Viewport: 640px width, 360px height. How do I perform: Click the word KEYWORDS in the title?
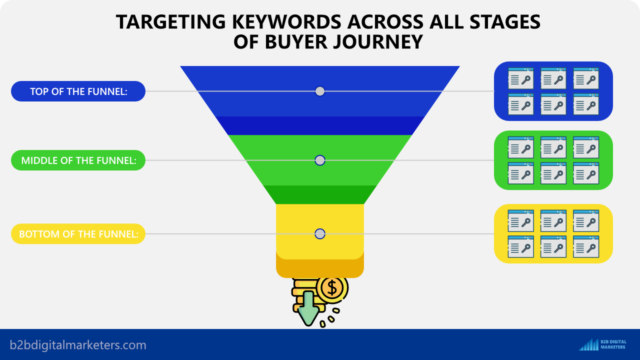[286, 21]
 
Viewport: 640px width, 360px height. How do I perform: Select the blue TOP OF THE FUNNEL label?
[78, 91]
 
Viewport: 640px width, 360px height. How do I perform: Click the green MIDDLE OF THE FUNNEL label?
[78, 160]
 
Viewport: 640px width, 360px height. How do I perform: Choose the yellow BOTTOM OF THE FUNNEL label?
[78, 233]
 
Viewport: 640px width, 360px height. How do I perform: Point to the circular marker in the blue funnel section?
[320, 91]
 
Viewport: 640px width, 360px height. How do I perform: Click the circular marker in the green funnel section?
[320, 160]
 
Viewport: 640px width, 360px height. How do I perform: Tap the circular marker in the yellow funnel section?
[320, 233]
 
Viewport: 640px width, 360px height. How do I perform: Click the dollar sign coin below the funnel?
[332, 288]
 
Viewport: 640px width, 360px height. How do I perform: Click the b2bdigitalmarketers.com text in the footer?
[78, 345]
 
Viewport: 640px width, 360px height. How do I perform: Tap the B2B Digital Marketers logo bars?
[588, 345]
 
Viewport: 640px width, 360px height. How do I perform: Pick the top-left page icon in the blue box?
[521, 78]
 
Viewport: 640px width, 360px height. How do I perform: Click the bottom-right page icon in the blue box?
[586, 104]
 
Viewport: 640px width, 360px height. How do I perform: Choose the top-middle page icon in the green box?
[553, 147]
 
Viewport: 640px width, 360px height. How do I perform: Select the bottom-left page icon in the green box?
[521, 173]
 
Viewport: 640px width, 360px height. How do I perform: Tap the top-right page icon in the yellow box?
[586, 221]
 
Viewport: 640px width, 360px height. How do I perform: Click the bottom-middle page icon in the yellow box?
[553, 246]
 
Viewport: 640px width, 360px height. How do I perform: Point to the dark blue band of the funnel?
[320, 125]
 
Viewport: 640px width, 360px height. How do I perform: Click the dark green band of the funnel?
[320, 194]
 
